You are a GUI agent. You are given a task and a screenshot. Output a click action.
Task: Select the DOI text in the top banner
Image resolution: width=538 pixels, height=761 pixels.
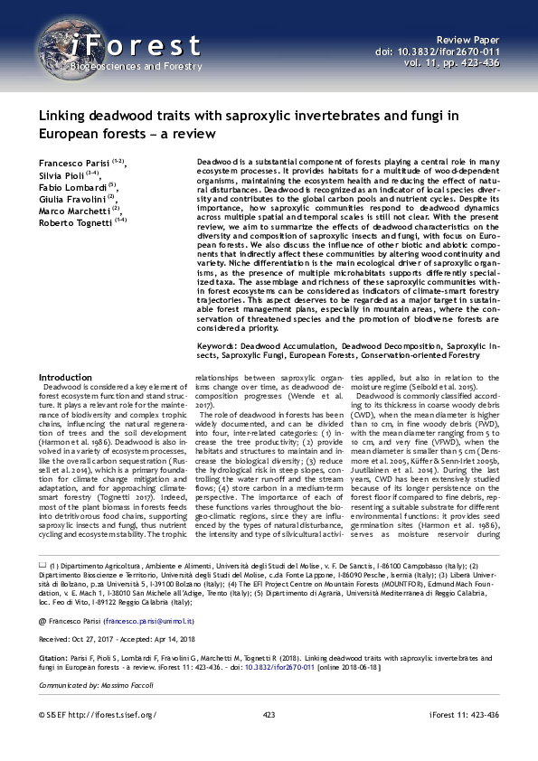tap(438, 53)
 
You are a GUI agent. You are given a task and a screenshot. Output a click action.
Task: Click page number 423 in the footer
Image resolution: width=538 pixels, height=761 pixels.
tap(269, 740)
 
